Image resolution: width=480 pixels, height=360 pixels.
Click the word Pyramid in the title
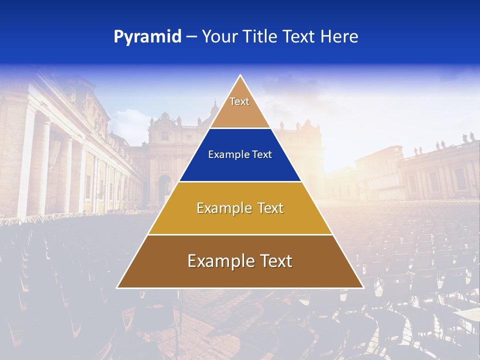(147, 37)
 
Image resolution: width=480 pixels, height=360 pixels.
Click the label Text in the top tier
(239, 101)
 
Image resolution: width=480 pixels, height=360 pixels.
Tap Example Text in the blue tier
(240, 154)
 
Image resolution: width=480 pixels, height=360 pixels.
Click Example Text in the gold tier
(240, 208)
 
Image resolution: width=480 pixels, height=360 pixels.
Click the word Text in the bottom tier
(274, 261)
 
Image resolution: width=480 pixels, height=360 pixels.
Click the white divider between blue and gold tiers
(240, 181)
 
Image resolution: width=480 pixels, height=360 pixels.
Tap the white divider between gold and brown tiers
(240, 234)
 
